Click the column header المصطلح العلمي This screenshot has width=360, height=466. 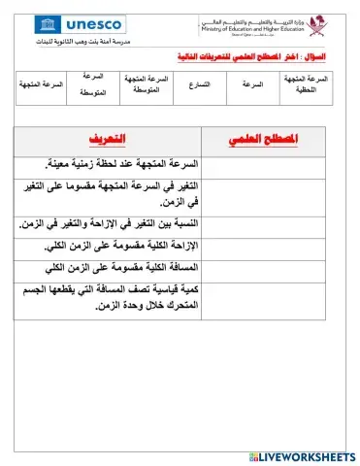(x=262, y=141)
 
